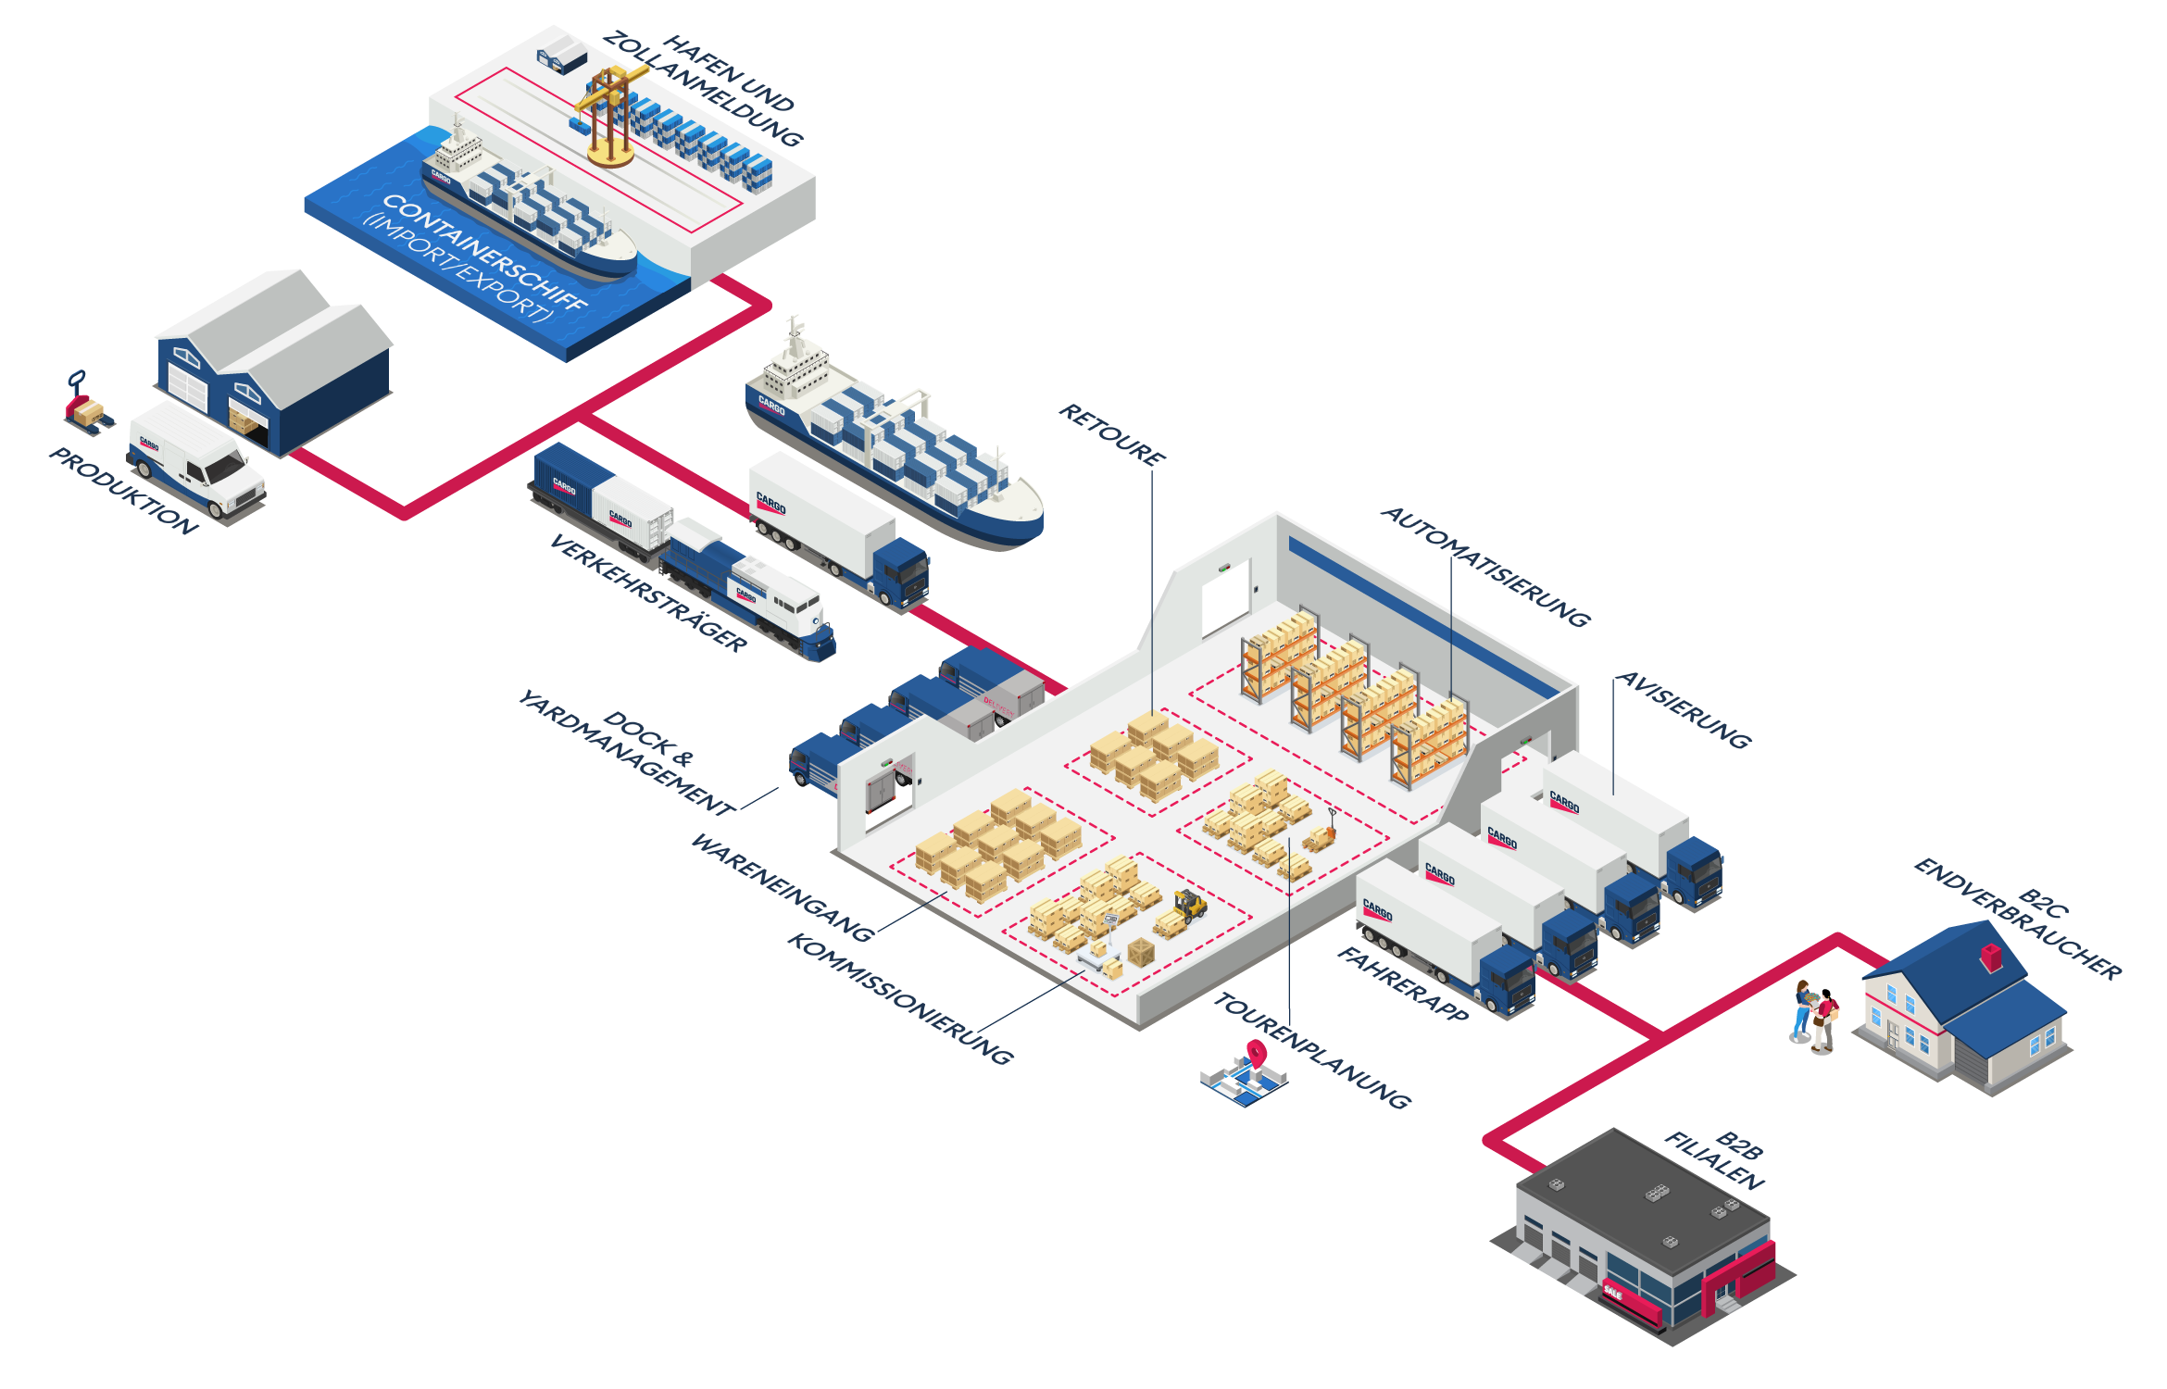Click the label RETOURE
[x=1112, y=433]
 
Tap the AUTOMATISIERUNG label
[x=1485, y=567]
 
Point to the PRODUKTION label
[x=123, y=491]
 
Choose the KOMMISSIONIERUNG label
[x=899, y=998]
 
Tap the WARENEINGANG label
[x=783, y=887]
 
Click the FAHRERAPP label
[x=1402, y=984]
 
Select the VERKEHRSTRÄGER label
[x=648, y=594]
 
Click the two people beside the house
[x=1815, y=1014]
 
